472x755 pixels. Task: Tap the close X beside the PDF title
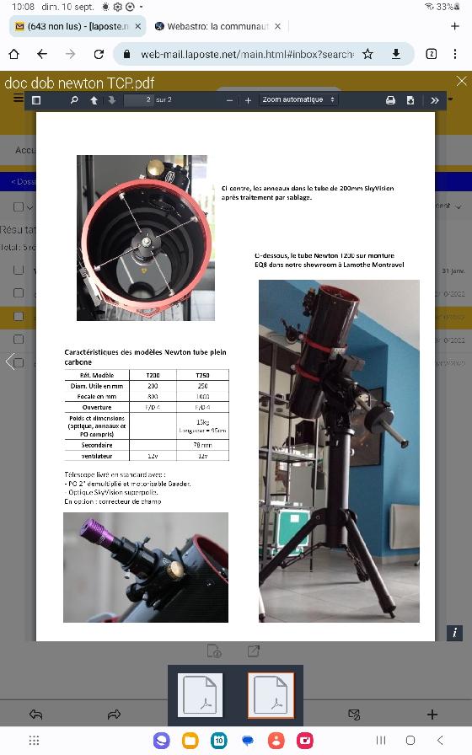pos(461,81)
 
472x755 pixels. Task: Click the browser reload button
pos(99,54)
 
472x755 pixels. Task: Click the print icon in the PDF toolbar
pos(390,100)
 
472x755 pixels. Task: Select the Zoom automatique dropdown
pos(298,100)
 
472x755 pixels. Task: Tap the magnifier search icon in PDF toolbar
pos(74,100)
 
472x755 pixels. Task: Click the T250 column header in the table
pos(202,375)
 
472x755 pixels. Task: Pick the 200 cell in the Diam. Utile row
pos(153,386)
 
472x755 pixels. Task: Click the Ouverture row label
pos(97,406)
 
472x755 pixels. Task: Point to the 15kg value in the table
pos(202,422)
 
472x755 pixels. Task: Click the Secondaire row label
pos(97,445)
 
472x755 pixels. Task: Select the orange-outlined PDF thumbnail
pos(271,696)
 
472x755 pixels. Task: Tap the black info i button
pos(454,633)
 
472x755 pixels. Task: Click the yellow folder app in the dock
pos(190,741)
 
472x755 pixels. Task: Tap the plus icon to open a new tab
pos(455,26)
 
